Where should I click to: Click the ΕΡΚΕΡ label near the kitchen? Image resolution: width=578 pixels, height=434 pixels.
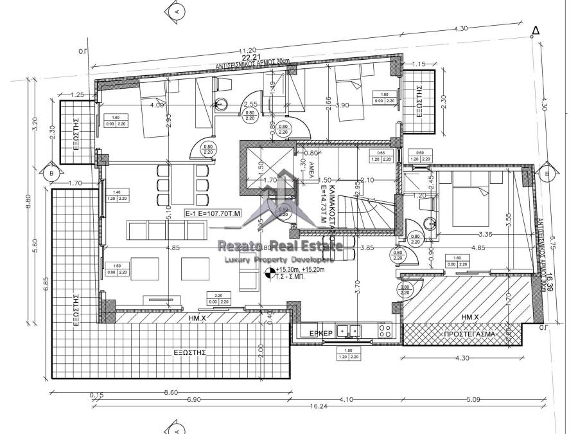(320, 333)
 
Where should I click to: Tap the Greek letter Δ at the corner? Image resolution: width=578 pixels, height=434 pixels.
(536, 31)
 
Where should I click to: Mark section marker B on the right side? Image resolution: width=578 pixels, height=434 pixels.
(547, 174)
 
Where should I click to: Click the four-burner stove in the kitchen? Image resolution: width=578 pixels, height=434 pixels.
(385, 330)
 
